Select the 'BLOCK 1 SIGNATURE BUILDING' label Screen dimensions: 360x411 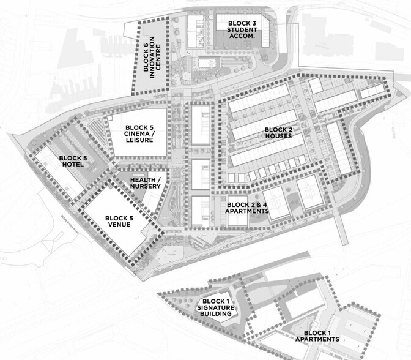click(216, 307)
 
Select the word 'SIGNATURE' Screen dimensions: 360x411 click(216, 307)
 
